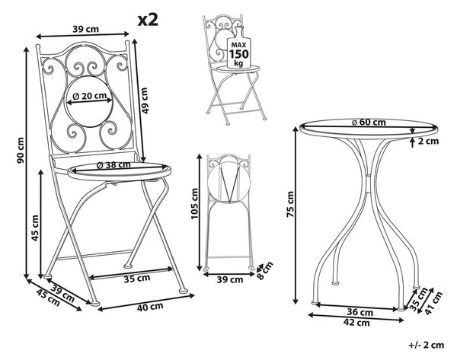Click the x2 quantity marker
[148, 21]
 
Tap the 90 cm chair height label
[21, 151]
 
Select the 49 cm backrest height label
[144, 100]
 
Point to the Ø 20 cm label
[89, 96]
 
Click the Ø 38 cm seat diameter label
[113, 165]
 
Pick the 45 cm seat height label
[35, 228]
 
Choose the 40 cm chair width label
[150, 307]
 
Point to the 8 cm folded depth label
[265, 271]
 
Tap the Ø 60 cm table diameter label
[369, 123]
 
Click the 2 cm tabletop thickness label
[428, 142]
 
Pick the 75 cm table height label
[290, 205]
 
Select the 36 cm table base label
[360, 313]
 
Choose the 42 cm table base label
[356, 323]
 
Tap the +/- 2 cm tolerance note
[427, 345]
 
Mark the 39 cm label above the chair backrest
[85, 29]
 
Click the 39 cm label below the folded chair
[230, 279]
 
